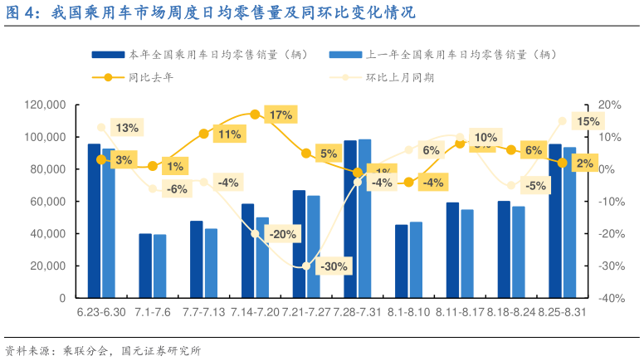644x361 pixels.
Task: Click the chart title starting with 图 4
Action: pyautogui.click(x=211, y=13)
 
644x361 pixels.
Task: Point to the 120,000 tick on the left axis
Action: pyautogui.click(x=46, y=105)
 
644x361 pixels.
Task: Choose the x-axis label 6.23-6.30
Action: pyautogui.click(x=100, y=312)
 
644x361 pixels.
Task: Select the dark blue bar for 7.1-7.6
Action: pyautogui.click(x=145, y=266)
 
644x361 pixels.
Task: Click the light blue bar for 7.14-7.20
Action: pyautogui.click(x=262, y=257)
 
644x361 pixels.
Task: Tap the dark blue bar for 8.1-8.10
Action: pyautogui.click(x=402, y=261)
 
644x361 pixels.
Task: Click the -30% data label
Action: pyautogui.click(x=333, y=266)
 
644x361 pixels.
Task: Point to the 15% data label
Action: pyautogui.click(x=588, y=121)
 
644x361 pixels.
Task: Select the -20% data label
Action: pyautogui.click(x=281, y=234)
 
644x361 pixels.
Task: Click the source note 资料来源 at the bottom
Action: pyautogui.click(x=103, y=350)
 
